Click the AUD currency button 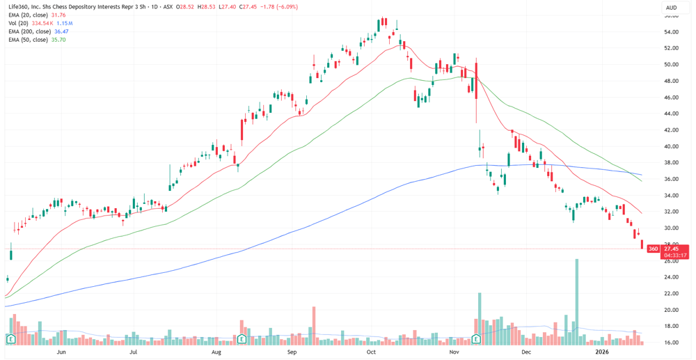(x=672, y=8)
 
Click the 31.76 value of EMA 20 (x=58, y=15)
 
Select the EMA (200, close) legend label (x=26, y=31)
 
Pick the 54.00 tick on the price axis (x=672, y=33)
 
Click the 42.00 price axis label (x=672, y=130)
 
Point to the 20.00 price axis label (x=672, y=310)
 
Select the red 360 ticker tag (x=654, y=249)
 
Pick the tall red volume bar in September (x=314, y=324)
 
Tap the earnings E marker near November (x=477, y=338)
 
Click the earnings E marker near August (x=242, y=338)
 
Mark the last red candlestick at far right (x=642, y=244)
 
